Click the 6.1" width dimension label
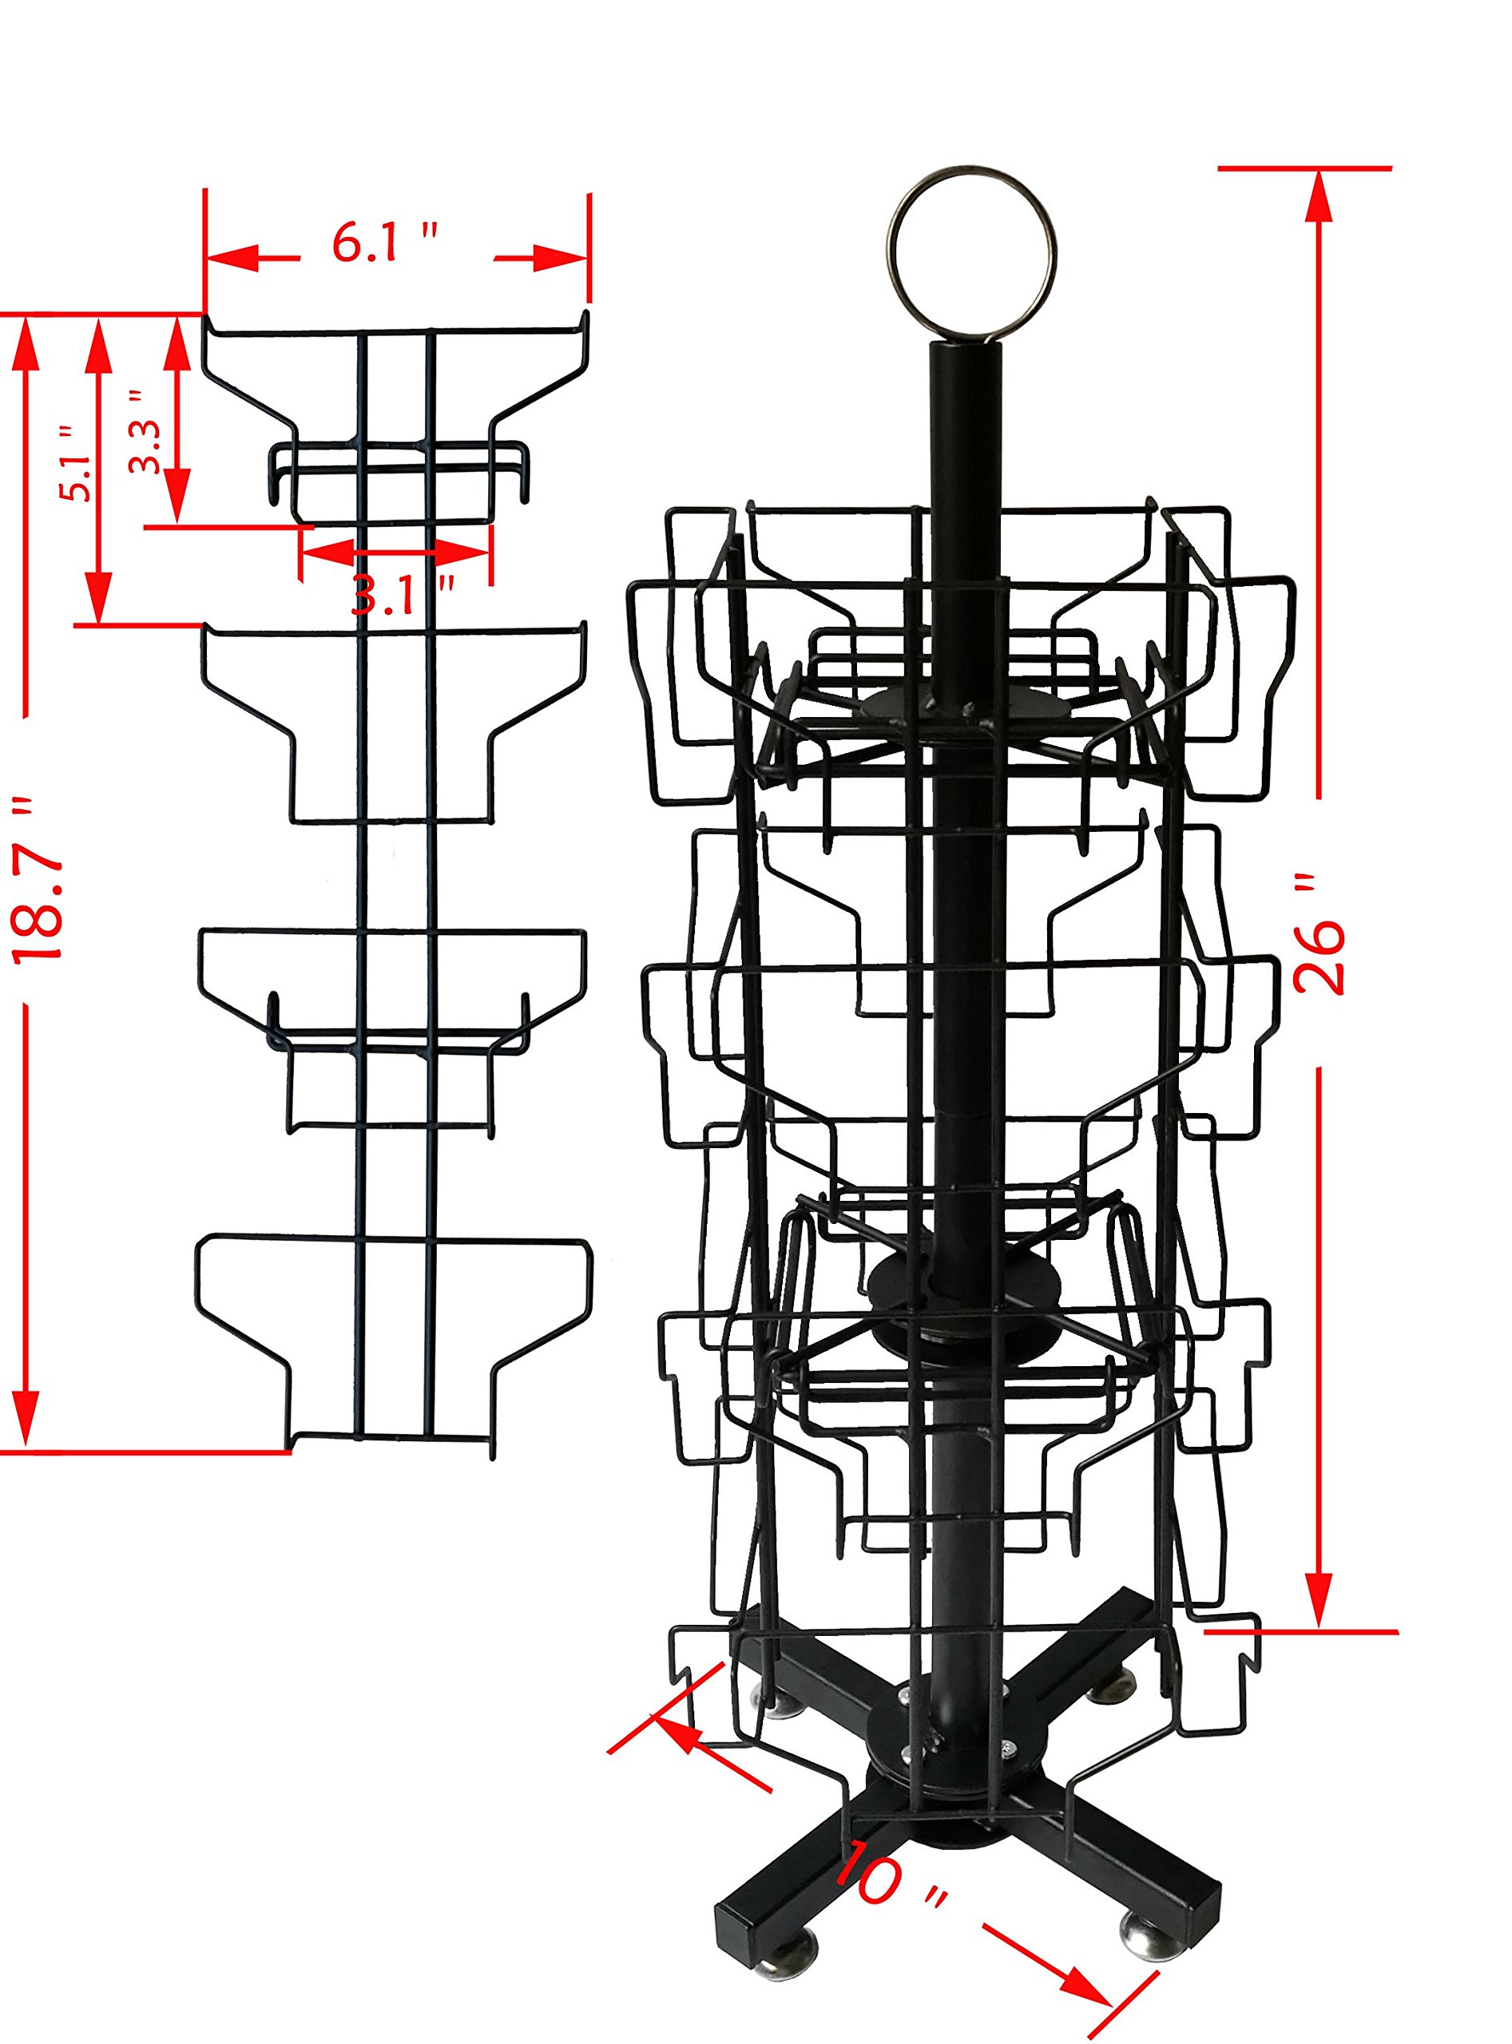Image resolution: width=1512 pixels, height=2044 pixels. [x=384, y=243]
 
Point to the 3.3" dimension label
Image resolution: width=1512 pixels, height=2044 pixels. [x=145, y=432]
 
